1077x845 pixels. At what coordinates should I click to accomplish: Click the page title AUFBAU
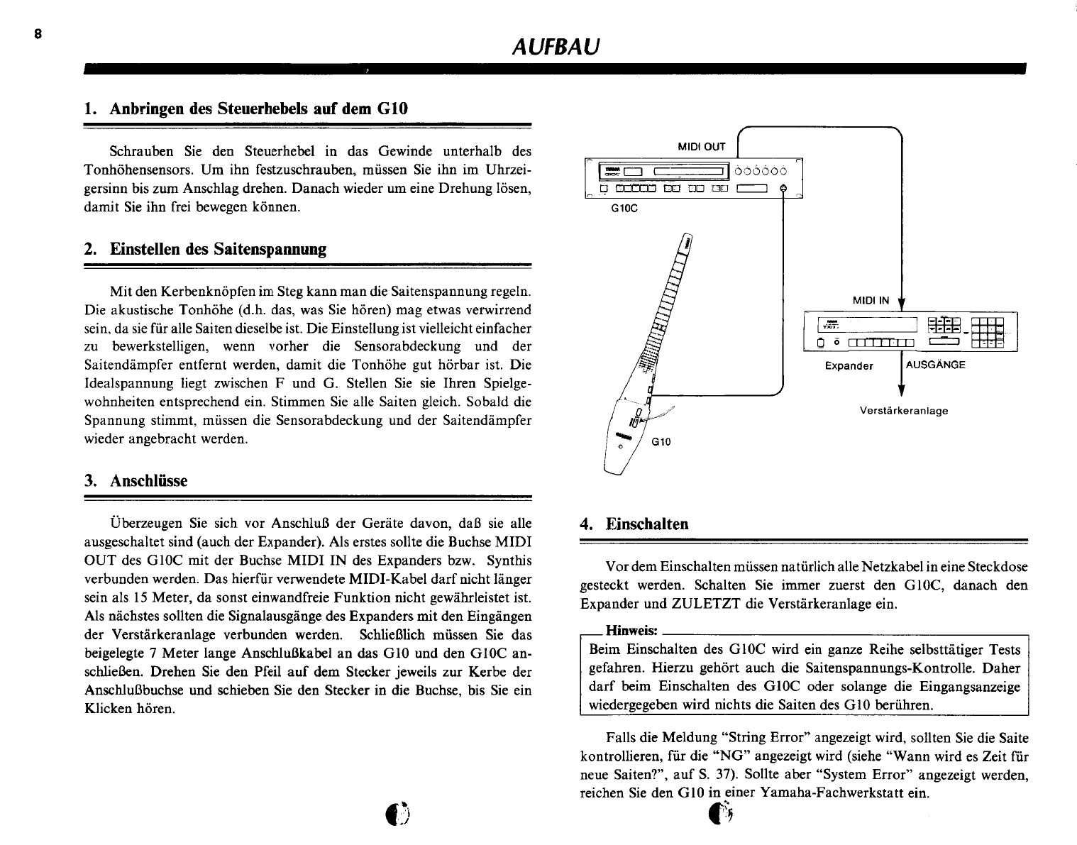(x=556, y=47)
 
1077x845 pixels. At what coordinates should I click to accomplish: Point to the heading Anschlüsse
(x=136, y=480)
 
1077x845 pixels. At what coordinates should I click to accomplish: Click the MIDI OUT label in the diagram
(x=701, y=147)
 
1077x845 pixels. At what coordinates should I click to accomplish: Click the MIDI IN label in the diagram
(x=871, y=300)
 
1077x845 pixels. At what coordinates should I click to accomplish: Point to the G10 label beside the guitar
(x=661, y=441)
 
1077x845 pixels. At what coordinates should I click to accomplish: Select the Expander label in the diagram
(x=849, y=366)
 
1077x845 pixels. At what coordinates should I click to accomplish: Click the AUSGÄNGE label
(x=936, y=365)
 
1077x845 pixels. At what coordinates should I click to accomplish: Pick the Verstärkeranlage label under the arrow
(x=903, y=410)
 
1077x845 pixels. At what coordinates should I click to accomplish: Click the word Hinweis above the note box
(x=631, y=631)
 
